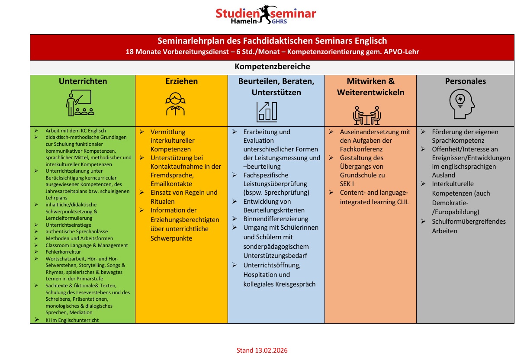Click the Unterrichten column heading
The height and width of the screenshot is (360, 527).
tap(83, 81)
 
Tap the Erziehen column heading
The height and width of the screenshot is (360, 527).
tap(181, 81)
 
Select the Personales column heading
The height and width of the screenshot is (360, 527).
tap(465, 81)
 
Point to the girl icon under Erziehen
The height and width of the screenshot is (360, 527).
tap(175, 104)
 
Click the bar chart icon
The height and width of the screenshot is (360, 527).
tap(267, 112)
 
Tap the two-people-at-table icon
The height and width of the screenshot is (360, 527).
tap(366, 115)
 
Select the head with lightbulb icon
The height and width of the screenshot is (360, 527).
tap(461, 105)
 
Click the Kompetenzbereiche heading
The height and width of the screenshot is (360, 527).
tap(272, 67)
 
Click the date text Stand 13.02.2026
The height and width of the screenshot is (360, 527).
tap(262, 350)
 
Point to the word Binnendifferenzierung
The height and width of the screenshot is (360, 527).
tap(276, 219)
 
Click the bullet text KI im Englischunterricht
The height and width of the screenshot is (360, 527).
tap(72, 320)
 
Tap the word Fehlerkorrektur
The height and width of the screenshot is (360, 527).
tap(63, 252)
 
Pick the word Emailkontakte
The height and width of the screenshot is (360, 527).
tap(171, 184)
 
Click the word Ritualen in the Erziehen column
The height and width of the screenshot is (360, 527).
tap(163, 201)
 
